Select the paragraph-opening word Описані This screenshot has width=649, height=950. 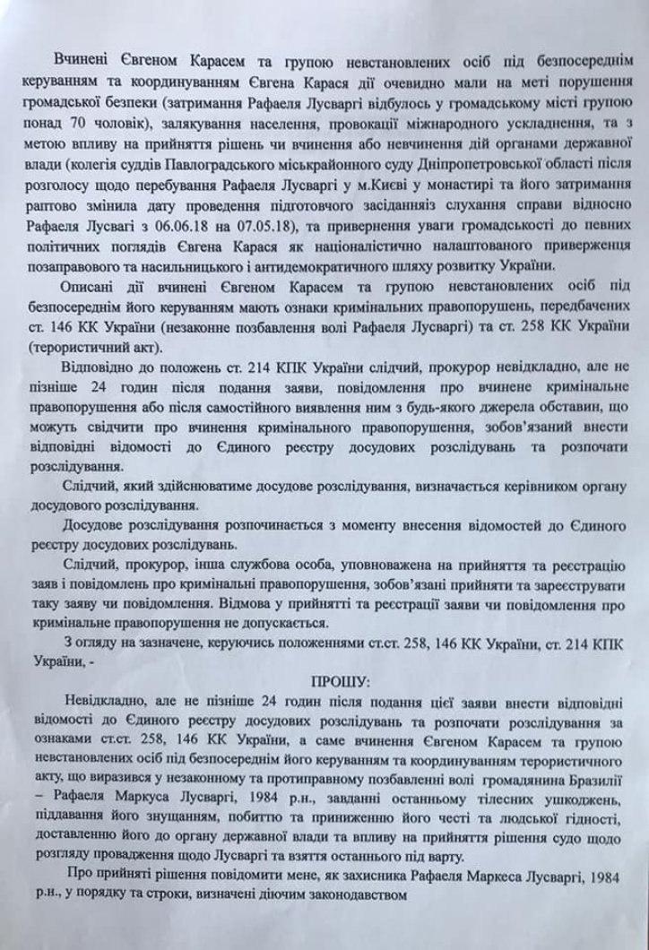click(90, 288)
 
